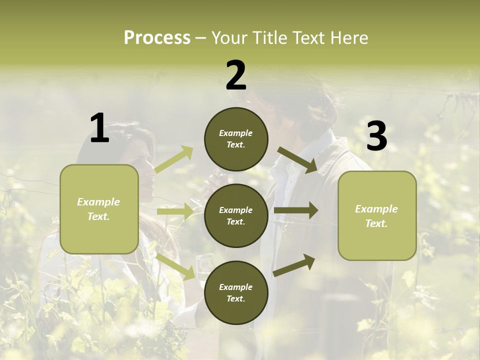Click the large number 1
pos(99,128)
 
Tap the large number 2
pos(236,75)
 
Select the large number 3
pos(376,136)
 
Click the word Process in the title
pos(157,37)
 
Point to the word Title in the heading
pos(270,37)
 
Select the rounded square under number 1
pos(99,209)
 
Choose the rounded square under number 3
pos(377,215)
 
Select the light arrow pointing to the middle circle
pos(175,211)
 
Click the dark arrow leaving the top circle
pos(298,159)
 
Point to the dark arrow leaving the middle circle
pos(296,210)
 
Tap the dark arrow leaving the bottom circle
pos(294,265)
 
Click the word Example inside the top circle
pos(236,133)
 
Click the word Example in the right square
pos(376,209)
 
